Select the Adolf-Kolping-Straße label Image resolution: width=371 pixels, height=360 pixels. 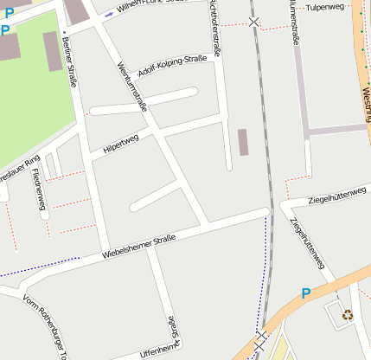click(x=172, y=66)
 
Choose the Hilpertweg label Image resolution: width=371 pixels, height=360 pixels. click(x=120, y=144)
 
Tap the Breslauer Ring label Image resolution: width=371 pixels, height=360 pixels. click(x=19, y=165)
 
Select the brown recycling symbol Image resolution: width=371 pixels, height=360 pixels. click(x=347, y=315)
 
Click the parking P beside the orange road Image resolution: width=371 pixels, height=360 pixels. click(x=305, y=294)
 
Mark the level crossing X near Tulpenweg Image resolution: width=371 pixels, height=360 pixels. click(x=253, y=22)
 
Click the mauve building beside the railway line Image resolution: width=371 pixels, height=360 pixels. click(x=243, y=142)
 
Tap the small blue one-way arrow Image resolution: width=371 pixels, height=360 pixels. click(x=107, y=15)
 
